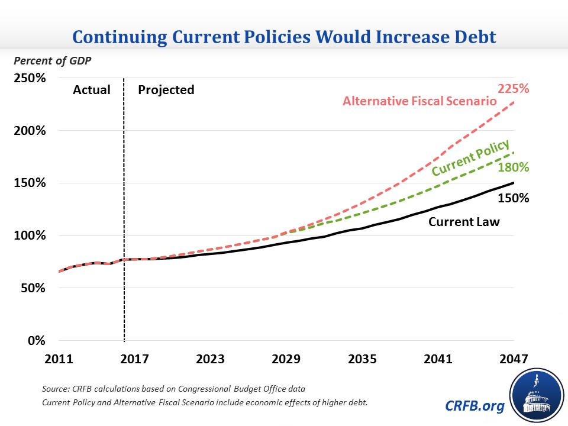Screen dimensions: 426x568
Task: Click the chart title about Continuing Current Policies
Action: pyautogui.click(x=284, y=38)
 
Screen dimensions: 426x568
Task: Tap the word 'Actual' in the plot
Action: pyautogui.click(x=92, y=90)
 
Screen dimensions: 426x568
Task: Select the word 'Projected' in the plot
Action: pyautogui.click(x=166, y=90)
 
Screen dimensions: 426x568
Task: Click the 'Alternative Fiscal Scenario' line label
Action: pyautogui.click(x=419, y=101)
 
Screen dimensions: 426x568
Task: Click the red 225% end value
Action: pyautogui.click(x=513, y=89)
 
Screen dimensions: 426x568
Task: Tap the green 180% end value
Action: pyautogui.click(x=513, y=167)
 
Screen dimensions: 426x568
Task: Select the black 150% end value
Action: pyautogui.click(x=513, y=198)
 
